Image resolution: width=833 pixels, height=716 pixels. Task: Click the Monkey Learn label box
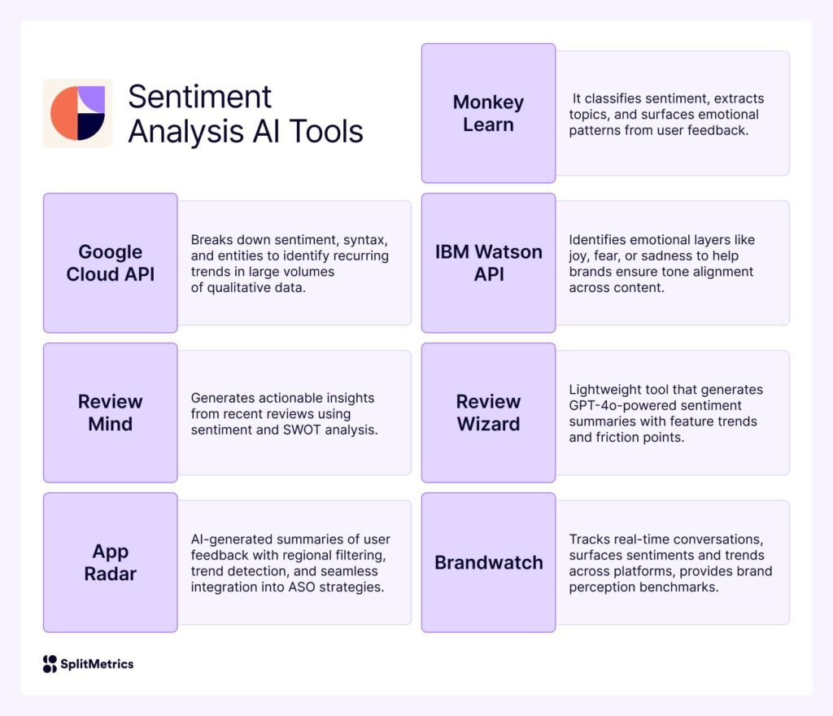(488, 113)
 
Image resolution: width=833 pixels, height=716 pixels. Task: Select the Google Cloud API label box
(110, 263)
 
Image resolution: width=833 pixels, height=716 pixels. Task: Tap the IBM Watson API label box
(488, 263)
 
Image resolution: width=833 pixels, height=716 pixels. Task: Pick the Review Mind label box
(110, 413)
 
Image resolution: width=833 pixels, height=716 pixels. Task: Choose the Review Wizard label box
(488, 413)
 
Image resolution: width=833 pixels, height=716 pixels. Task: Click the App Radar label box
(110, 562)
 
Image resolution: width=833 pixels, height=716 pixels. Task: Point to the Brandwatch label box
(488, 562)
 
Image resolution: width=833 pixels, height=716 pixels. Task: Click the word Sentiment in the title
(199, 97)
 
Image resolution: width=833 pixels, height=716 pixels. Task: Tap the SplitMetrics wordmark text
(97, 664)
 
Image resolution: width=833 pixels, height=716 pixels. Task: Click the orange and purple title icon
(77, 113)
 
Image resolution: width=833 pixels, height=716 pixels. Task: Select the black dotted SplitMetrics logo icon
(50, 664)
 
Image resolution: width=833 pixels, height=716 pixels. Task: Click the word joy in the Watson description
(580, 255)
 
